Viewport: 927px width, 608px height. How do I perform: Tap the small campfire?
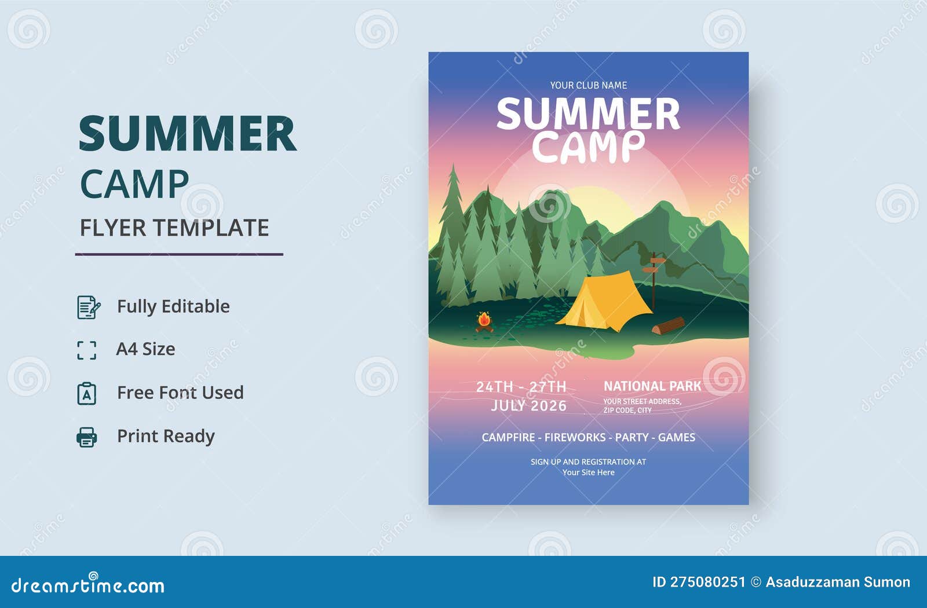(x=484, y=321)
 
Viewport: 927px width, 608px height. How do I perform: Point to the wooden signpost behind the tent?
(x=654, y=278)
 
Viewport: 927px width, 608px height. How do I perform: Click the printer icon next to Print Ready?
(x=87, y=437)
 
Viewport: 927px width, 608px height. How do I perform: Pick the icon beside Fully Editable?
(x=88, y=307)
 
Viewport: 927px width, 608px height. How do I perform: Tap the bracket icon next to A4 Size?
(x=87, y=350)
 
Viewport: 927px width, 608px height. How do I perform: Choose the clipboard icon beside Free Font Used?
(x=87, y=393)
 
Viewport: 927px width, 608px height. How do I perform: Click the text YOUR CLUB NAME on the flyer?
(x=588, y=85)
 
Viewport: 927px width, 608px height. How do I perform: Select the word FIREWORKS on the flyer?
(x=575, y=437)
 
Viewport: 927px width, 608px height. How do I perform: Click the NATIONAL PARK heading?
(x=652, y=386)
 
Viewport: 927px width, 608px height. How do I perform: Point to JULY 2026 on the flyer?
(x=528, y=405)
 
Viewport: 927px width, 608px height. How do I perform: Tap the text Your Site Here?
(x=588, y=473)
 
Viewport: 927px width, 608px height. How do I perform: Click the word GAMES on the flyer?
(x=676, y=437)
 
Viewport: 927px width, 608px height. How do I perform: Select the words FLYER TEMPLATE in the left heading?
(x=174, y=228)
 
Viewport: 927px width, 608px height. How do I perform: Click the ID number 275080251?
(x=707, y=582)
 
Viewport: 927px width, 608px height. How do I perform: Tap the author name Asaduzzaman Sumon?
(x=838, y=582)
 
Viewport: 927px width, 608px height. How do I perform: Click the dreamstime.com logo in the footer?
(x=88, y=585)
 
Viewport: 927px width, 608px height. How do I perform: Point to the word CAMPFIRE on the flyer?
(x=508, y=437)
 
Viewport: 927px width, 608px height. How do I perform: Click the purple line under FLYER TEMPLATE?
(x=179, y=254)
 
